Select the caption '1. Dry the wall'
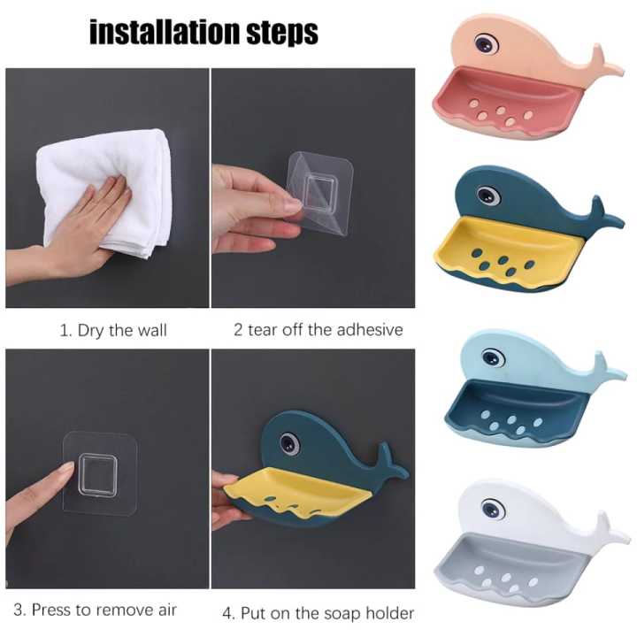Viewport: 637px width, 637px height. pyautogui.click(x=113, y=331)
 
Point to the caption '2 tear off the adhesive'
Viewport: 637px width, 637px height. pyautogui.click(x=318, y=330)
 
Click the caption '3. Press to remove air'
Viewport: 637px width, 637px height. pyautogui.click(x=104, y=609)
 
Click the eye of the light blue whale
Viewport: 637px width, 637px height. pyautogui.click(x=493, y=358)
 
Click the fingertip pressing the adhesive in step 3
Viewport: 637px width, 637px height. pyautogui.click(x=64, y=468)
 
